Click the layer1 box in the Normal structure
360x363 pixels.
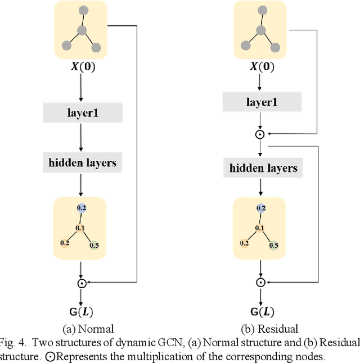82,114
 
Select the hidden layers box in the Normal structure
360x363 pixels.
82,163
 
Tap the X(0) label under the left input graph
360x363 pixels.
82,67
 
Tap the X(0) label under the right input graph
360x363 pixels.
262,67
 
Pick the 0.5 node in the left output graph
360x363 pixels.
93,245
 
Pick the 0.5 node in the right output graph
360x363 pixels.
273,245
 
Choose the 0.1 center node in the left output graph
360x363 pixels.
80,228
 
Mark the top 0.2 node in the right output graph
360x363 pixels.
260,208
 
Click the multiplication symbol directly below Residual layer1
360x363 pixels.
260,134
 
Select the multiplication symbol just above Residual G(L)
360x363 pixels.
260,283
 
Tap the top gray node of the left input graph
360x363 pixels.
83,11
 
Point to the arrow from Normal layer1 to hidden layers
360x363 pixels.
82,137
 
